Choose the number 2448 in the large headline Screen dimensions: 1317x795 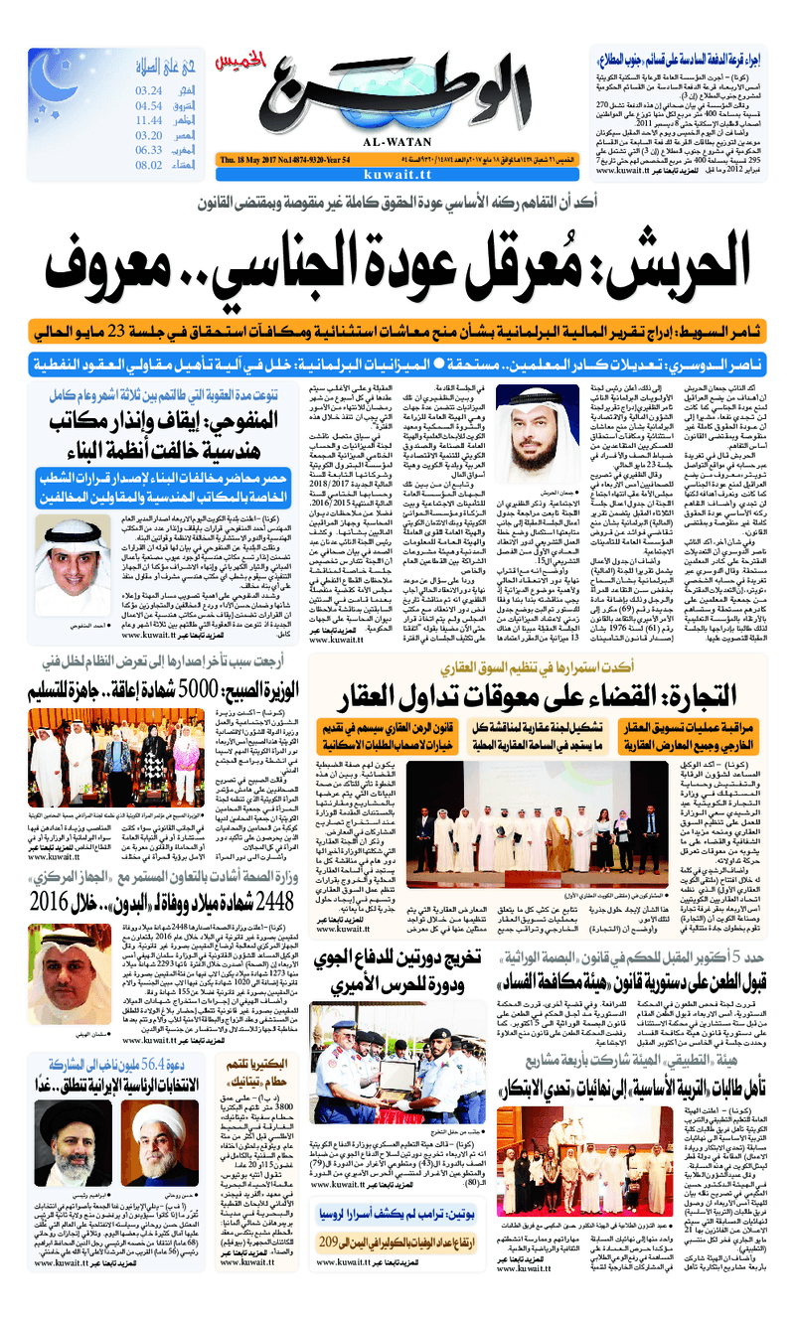(x=277, y=875)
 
